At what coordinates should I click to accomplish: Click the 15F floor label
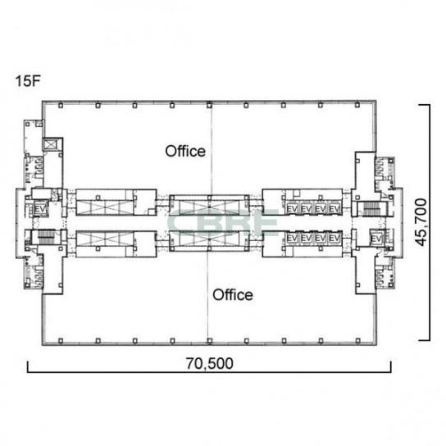point(28,81)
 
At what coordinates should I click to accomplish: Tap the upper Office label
point(185,151)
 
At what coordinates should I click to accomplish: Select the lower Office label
point(233,294)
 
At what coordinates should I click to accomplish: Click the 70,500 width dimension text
point(210,363)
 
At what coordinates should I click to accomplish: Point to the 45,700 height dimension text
point(421,222)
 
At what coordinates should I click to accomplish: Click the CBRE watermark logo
point(223,223)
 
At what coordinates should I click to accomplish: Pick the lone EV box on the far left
point(40,209)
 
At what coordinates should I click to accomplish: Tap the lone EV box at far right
point(376,239)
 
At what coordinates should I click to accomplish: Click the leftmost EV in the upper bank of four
point(292,209)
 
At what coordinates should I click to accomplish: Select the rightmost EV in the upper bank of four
point(334,209)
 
